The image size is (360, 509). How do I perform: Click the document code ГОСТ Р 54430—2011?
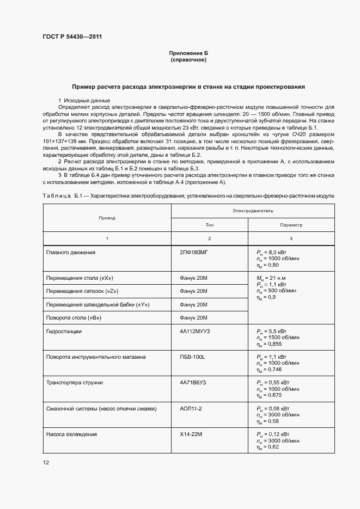[72, 37]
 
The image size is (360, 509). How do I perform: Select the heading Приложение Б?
[188, 53]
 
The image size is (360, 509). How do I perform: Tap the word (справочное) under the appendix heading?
[188, 60]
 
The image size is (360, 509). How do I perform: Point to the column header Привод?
[107, 217]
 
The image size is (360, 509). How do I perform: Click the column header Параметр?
[291, 225]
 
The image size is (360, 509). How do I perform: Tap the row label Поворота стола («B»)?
[74, 317]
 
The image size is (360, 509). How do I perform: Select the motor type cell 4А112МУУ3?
[196, 331]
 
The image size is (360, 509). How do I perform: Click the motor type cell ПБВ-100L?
[192, 357]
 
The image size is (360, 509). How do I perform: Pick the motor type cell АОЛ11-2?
[191, 408]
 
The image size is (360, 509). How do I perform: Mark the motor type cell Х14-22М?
[191, 434]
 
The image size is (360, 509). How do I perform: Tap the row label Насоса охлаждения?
[71, 434]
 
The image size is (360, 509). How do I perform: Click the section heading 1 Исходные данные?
[84, 101]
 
